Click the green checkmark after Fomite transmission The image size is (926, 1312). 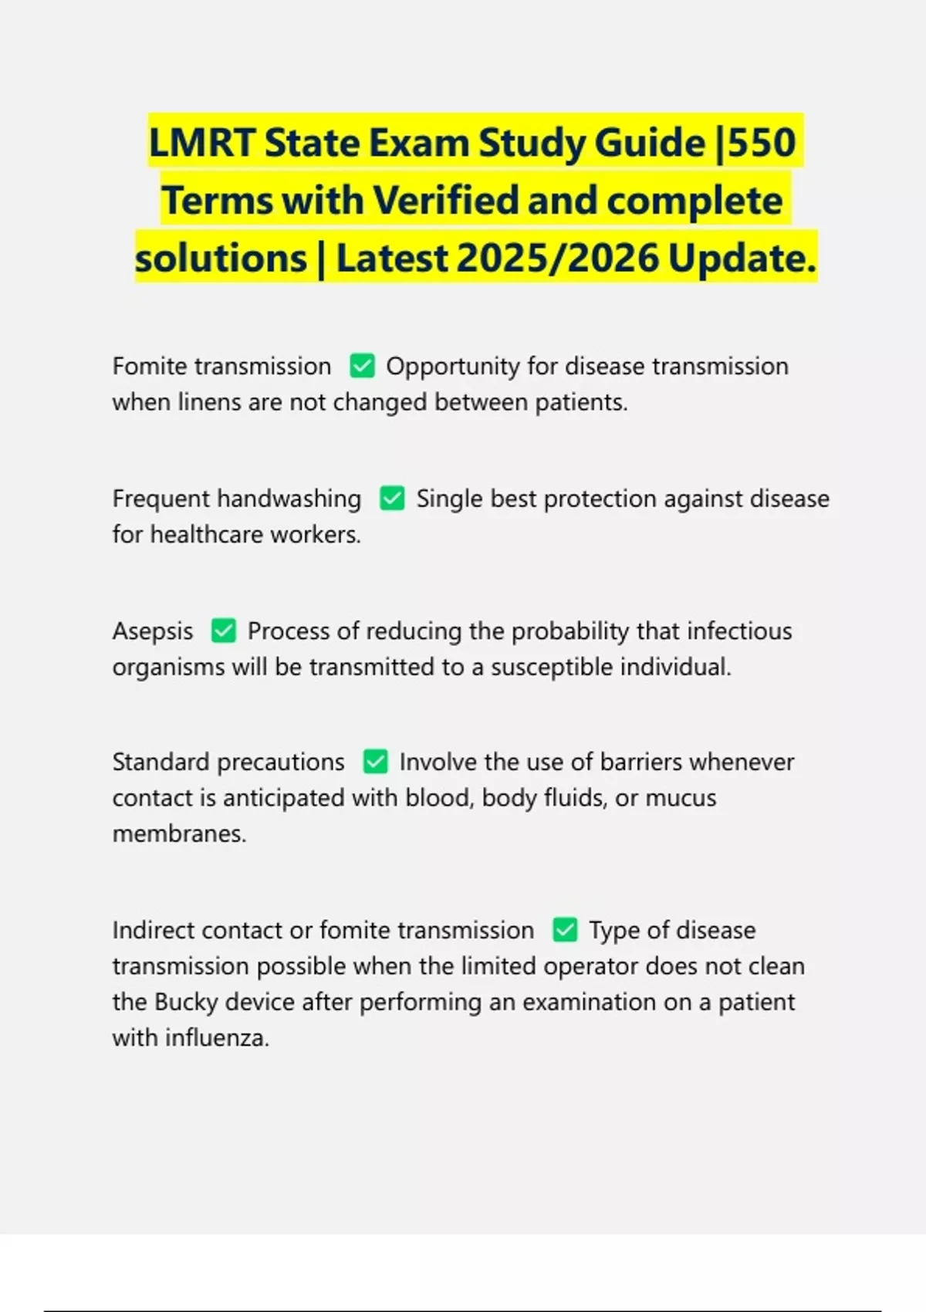pos(362,366)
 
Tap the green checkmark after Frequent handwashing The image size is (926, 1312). pos(392,499)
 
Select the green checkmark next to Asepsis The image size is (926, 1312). pos(223,631)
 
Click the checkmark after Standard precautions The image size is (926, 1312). pos(376,762)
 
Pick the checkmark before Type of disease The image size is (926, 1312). pos(565,930)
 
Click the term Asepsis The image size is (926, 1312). pos(153,631)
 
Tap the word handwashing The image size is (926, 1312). pos(289,499)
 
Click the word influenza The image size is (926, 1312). pos(217,1038)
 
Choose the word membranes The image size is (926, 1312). pos(179,834)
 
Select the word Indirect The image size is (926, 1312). pos(154,931)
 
